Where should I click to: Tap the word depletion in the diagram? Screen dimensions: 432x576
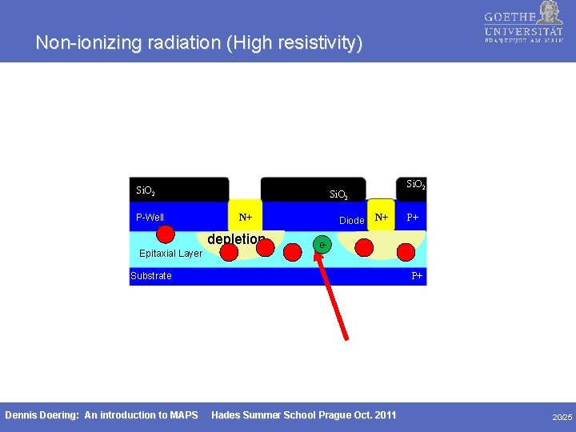[236, 239]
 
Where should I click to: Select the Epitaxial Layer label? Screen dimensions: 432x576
[170, 254]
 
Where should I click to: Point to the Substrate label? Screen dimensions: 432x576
[151, 276]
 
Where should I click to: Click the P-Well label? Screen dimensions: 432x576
[150, 218]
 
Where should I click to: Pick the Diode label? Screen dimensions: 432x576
[352, 220]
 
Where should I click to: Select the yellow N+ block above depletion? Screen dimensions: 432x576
[246, 217]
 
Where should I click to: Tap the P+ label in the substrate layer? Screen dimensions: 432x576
[417, 276]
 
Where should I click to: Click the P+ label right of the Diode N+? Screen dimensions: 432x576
[413, 218]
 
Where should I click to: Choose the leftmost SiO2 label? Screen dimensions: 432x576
[146, 191]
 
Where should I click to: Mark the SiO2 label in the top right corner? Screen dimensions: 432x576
[416, 185]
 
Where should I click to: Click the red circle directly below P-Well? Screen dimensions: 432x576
[166, 234]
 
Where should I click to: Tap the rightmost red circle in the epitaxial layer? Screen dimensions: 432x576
[406, 252]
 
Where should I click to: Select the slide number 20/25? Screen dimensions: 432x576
[562, 417]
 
